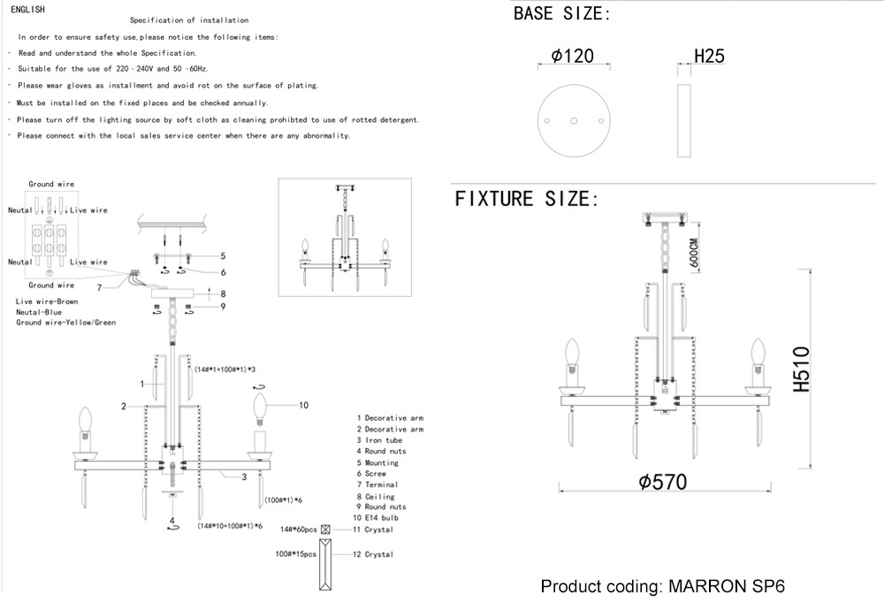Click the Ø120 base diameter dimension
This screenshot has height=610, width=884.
(x=572, y=57)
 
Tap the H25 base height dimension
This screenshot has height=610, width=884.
(x=709, y=57)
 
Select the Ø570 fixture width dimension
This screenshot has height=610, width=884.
(x=662, y=482)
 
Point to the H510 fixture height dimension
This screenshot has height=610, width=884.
(x=802, y=369)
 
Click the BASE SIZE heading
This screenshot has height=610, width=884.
(x=562, y=14)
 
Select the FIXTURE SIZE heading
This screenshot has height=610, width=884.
(x=527, y=198)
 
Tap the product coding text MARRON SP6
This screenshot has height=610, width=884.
(x=662, y=587)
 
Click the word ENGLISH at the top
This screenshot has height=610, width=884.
(x=27, y=8)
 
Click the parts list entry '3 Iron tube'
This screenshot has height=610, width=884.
(x=379, y=440)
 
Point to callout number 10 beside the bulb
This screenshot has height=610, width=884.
(x=303, y=406)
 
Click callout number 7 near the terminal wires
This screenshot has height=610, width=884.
(x=100, y=287)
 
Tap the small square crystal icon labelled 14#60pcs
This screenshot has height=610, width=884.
(x=326, y=530)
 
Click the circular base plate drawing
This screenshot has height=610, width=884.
(x=574, y=119)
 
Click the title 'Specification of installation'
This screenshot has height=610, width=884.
(x=189, y=19)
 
